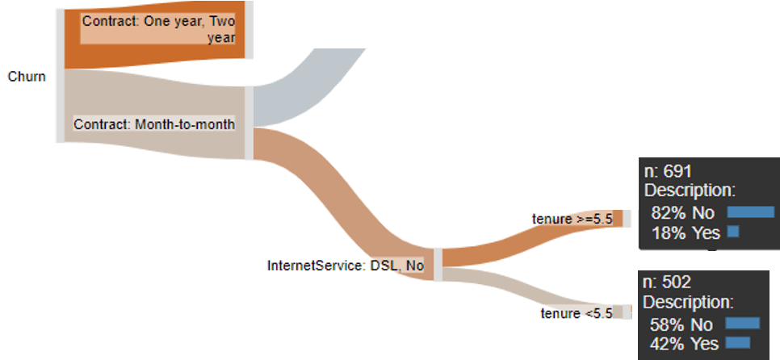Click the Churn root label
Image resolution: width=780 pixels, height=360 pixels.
pos(27,77)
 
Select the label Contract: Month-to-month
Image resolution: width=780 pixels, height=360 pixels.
pos(154,124)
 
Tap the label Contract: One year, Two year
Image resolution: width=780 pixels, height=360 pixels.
pos(159,30)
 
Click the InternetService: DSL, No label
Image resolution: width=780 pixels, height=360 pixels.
pos(345,265)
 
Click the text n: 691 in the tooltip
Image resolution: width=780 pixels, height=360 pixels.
pos(668,172)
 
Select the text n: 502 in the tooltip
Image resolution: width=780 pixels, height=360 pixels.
pos(667,283)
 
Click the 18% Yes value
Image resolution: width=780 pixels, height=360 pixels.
pos(686,233)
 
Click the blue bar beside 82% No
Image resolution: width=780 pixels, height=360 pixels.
pos(750,212)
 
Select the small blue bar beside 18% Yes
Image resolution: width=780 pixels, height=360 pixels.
pos(733,232)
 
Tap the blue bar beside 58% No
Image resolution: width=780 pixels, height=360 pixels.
pos(743,324)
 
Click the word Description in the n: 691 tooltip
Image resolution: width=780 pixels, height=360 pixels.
pos(689,192)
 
